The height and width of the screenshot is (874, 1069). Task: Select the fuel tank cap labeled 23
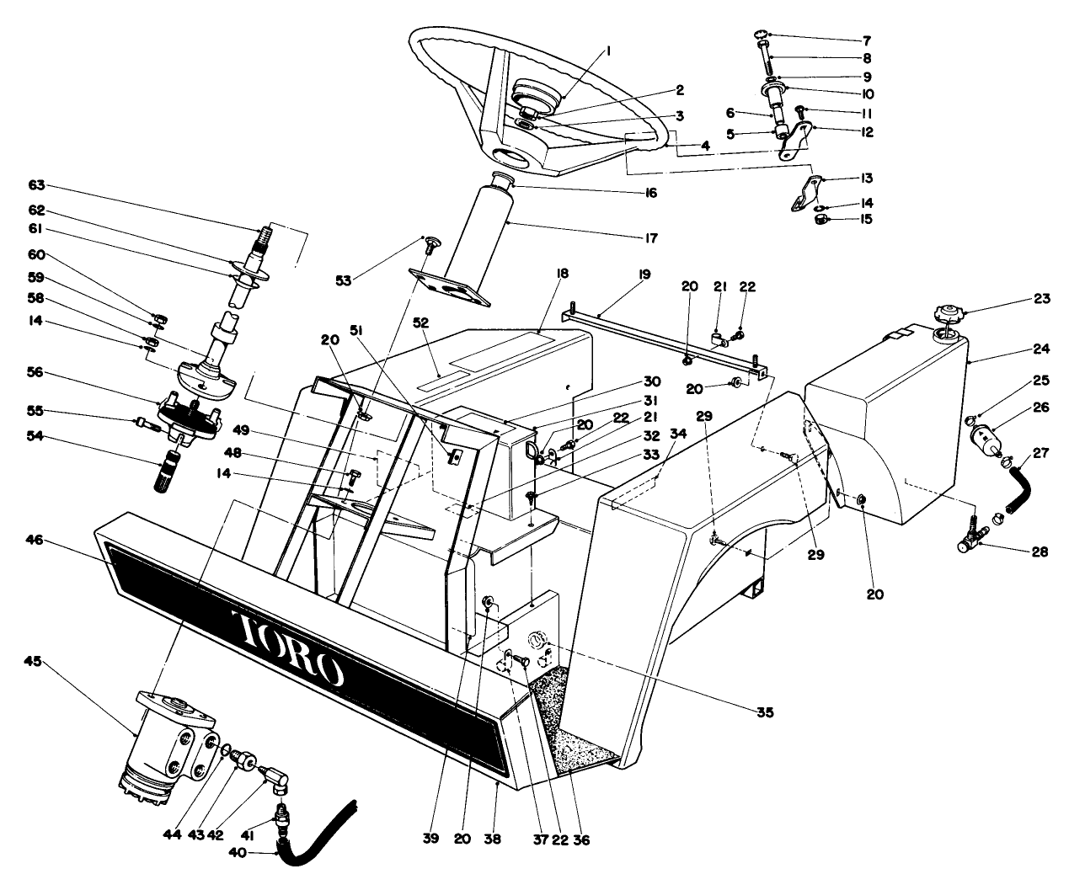click(x=947, y=319)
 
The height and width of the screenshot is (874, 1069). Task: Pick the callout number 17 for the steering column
click(x=649, y=237)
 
